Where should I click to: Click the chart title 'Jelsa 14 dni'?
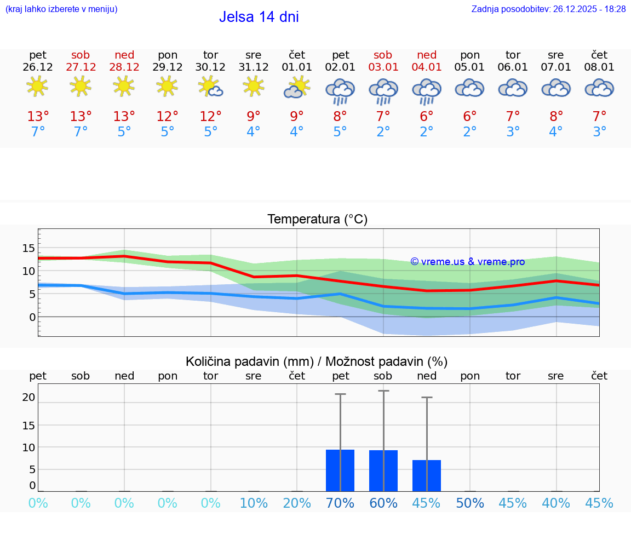259,17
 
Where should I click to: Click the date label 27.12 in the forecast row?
81,67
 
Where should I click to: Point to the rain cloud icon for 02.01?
340,90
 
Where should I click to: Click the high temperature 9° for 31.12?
254,117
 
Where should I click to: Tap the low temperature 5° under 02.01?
340,132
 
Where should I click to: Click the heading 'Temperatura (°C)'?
317,220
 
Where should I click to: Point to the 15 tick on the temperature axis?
28,248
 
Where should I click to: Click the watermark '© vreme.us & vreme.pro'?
468,262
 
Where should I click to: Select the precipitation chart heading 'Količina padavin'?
317,361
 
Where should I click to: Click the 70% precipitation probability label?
340,503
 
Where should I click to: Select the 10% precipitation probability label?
254,503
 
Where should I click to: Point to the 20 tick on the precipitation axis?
28,398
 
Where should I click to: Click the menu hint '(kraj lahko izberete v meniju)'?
61,9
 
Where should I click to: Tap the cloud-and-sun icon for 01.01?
297,88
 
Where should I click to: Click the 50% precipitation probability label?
470,503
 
